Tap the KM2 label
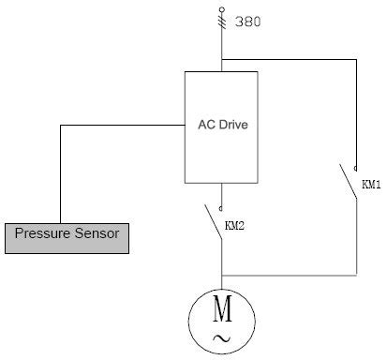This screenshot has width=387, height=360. tap(235, 226)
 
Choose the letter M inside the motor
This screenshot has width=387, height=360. tap(222, 307)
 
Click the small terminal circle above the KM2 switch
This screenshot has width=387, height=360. tap(222, 207)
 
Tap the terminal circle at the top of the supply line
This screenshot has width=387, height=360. tap(222, 7)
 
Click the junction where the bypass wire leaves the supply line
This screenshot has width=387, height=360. tap(222, 61)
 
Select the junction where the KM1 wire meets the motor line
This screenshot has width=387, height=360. tap(222, 276)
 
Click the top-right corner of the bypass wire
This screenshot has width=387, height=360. tap(356, 61)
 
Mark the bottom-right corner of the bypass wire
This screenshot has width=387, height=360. tap(356, 276)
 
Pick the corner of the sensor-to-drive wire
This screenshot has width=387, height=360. tap(60, 125)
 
